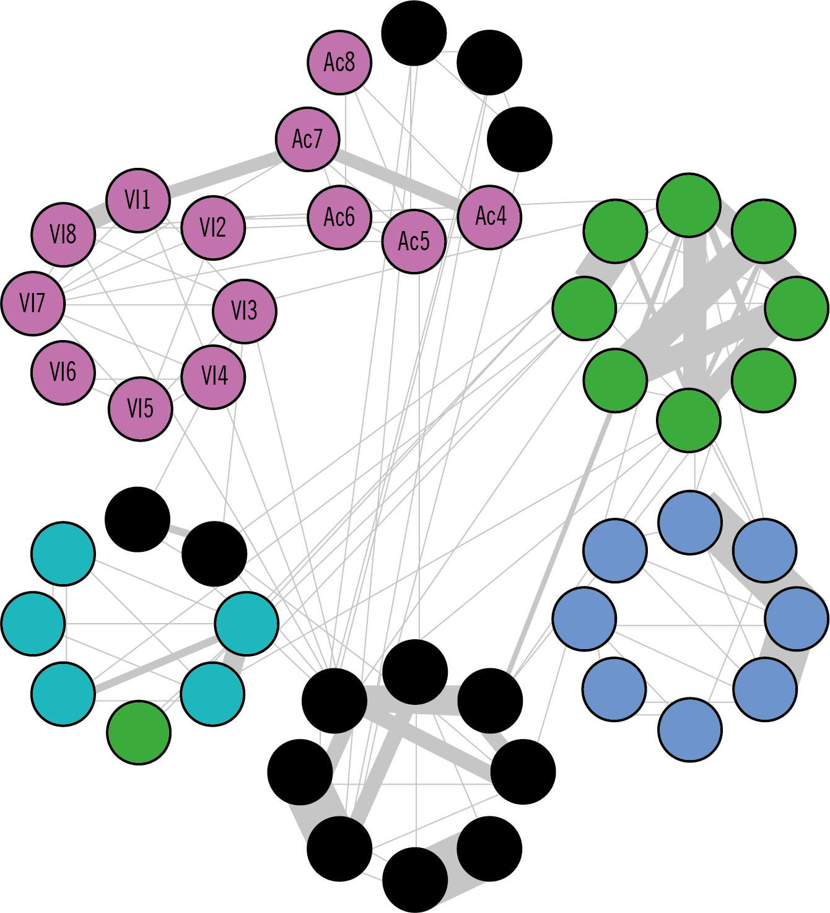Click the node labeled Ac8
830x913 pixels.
pos(339,62)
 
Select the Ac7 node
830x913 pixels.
pos(308,139)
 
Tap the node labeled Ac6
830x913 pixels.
pos(339,217)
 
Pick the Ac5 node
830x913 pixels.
pos(414,240)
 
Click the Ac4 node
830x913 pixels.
pos(490,217)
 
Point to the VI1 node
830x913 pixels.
pos(138,200)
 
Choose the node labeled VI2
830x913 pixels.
pos(213,227)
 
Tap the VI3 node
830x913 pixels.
pos(244,311)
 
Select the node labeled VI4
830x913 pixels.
pos(214,377)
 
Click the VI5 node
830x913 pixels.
pos(140,409)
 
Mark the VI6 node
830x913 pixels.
pos(63,372)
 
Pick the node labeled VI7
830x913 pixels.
pos(33,304)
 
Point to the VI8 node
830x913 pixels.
pos(63,234)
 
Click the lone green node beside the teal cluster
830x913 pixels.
pos(139,733)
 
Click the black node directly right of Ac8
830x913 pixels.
pos(414,33)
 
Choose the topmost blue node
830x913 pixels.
pos(690,523)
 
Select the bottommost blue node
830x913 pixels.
pos(690,729)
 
